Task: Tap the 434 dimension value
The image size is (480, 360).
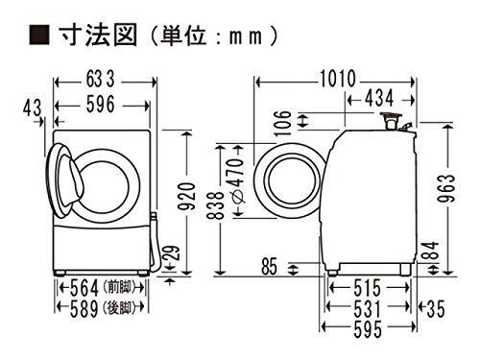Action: coord(382,97)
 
